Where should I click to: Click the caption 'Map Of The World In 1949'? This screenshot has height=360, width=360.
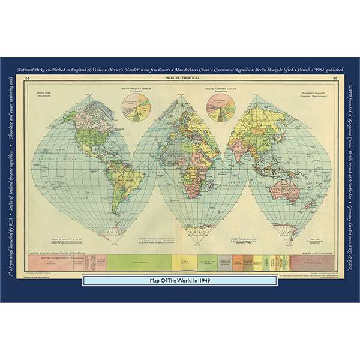pyautogui.click(x=180, y=280)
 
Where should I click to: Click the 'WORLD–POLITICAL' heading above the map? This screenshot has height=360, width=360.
pyautogui.click(x=181, y=79)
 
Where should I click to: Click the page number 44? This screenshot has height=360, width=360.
pyautogui.click(x=27, y=79)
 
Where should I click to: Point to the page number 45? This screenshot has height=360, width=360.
pyautogui.click(x=334, y=79)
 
